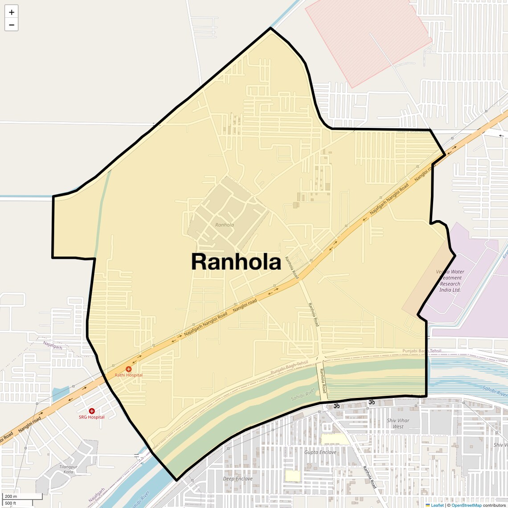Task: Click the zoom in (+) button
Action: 12,12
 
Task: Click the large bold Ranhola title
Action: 236,262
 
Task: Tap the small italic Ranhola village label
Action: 224,225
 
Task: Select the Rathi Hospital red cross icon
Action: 128,369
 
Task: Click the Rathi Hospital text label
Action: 128,375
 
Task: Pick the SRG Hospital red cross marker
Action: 92,411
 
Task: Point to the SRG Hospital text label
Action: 92,417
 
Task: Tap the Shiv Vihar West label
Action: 398,423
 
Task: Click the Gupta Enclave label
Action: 320,452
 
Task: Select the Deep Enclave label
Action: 238,479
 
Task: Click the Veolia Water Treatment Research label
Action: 450,281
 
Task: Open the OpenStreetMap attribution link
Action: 466,505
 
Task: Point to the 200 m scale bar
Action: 22,496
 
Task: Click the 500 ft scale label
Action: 11,503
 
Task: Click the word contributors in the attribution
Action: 494,505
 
